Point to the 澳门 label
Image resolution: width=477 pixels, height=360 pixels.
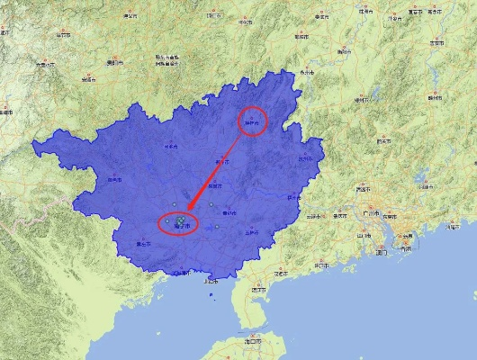pyautogui.click(x=382, y=252)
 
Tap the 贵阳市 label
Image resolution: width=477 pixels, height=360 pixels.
pyautogui.click(x=114, y=63)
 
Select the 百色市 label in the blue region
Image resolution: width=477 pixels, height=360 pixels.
pyautogui.click(x=113, y=179)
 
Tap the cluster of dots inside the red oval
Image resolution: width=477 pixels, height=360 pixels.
pyautogui.click(x=179, y=220)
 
